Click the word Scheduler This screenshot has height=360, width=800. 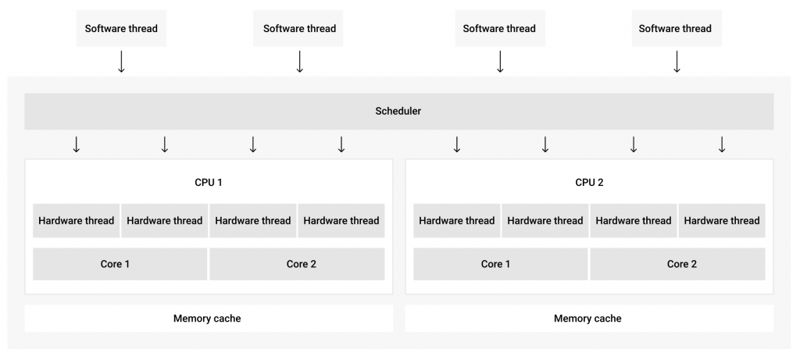[x=398, y=111]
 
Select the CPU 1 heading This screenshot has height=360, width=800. [x=208, y=182]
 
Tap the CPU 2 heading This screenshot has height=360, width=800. [x=589, y=182]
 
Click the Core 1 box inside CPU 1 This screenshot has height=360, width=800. [x=120, y=264]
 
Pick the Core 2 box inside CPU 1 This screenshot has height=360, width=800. [x=297, y=264]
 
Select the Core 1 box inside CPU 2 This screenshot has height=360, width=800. [x=501, y=264]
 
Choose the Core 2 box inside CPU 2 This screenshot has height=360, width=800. [x=677, y=264]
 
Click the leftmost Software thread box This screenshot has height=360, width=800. [x=121, y=29]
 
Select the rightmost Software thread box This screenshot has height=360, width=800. [x=677, y=29]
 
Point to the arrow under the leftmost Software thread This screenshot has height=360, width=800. [x=121, y=62]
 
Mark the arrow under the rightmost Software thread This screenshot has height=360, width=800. [x=677, y=62]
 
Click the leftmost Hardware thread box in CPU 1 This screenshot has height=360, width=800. [x=77, y=221]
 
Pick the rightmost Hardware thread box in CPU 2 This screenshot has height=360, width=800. [x=722, y=221]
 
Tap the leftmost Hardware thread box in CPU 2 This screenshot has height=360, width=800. [x=456, y=221]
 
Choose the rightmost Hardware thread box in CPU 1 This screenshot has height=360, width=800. [x=341, y=221]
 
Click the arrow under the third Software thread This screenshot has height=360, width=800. [x=500, y=62]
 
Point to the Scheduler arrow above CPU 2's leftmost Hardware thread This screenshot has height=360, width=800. [x=456, y=144]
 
